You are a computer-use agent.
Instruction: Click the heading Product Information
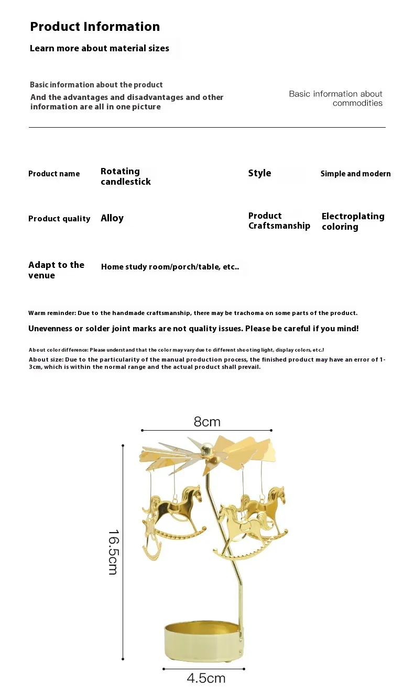coord(95,27)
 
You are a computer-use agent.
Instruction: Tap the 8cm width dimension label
coord(207,422)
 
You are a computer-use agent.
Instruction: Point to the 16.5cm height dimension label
coord(113,552)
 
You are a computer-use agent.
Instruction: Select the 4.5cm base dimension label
coord(206,679)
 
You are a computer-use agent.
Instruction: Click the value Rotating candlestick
coord(125,176)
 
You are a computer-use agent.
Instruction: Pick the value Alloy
coord(112,218)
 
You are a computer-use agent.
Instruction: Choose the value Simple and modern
coord(355,174)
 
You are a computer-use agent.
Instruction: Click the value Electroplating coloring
coord(353,221)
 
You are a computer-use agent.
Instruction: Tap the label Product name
coord(54,174)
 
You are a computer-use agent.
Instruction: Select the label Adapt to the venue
coord(56,270)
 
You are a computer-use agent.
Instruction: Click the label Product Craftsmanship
coord(279,221)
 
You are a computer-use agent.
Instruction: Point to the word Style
coord(259,173)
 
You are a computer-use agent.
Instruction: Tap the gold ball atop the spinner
coord(207,448)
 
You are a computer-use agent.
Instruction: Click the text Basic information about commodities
coord(336,98)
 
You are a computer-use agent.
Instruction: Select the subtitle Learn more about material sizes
coord(100,49)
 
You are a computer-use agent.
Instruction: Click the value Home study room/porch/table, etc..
coord(170,267)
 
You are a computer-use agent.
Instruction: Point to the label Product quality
coord(59,219)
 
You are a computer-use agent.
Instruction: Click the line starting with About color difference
coord(176,350)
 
